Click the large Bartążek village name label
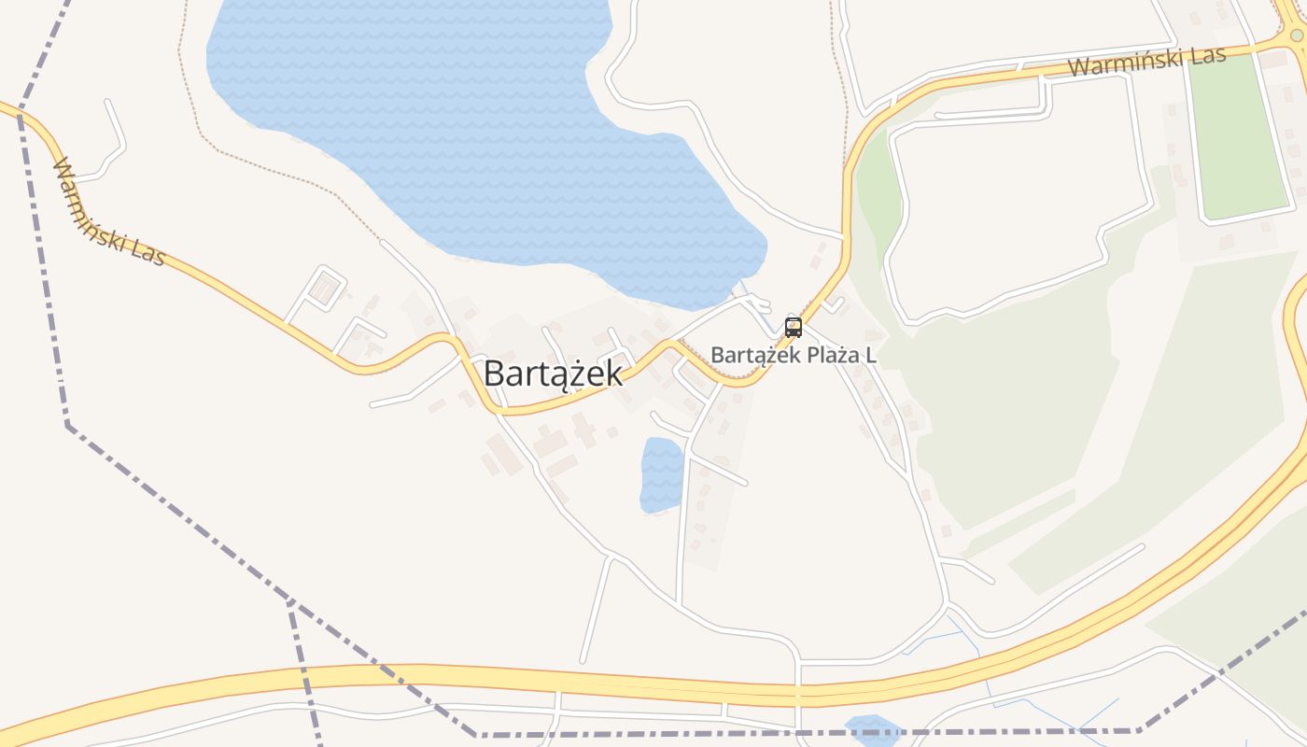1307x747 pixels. coord(553,374)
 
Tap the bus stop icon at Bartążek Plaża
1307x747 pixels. coord(794,328)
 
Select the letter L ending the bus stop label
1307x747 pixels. coord(871,356)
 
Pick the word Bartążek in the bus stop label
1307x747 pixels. coord(749,356)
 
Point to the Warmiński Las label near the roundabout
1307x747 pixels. coord(1146,62)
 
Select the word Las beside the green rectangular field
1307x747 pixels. coord(1208,55)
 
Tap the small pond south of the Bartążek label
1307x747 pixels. coord(662,474)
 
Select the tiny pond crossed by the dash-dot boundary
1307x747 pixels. coord(870,728)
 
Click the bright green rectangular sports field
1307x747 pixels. coord(1237,135)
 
